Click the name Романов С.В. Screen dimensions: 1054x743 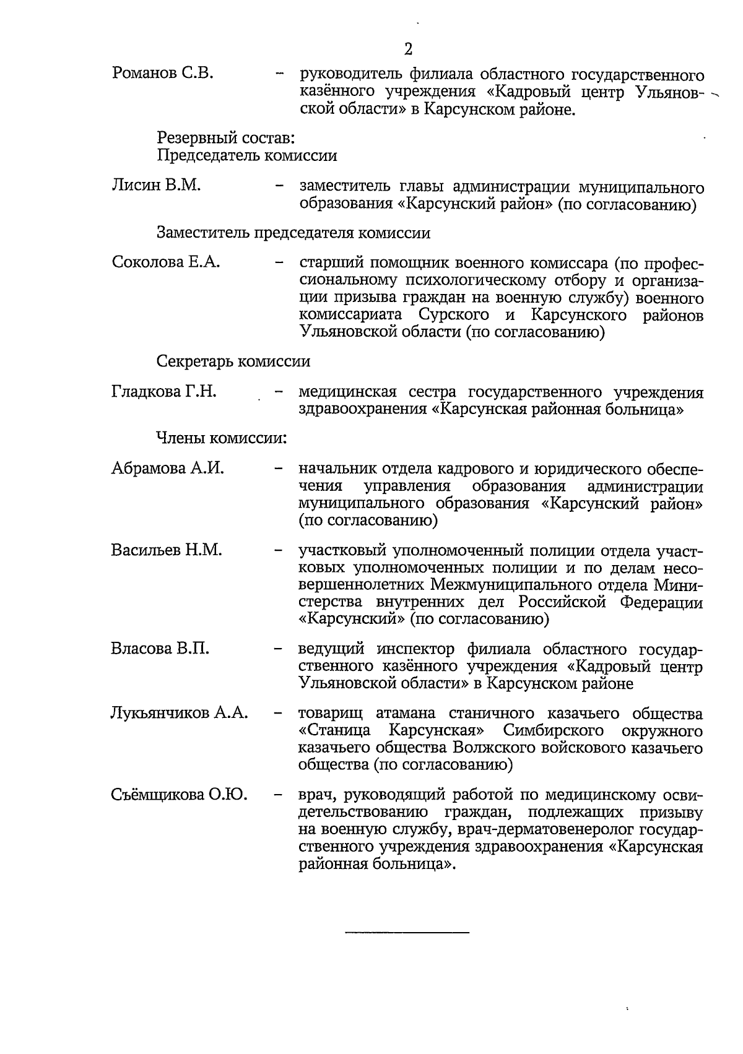(163, 74)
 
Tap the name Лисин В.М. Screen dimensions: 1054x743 (156, 185)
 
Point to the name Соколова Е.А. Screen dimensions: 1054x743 (165, 262)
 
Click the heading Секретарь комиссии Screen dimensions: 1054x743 (233, 361)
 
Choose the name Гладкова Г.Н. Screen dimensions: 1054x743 (163, 391)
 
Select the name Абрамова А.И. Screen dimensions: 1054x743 (167, 468)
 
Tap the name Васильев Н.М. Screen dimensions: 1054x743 (166, 550)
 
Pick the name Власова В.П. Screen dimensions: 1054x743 (160, 649)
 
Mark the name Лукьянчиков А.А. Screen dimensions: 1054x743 (180, 713)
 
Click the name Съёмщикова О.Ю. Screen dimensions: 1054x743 (179, 795)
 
